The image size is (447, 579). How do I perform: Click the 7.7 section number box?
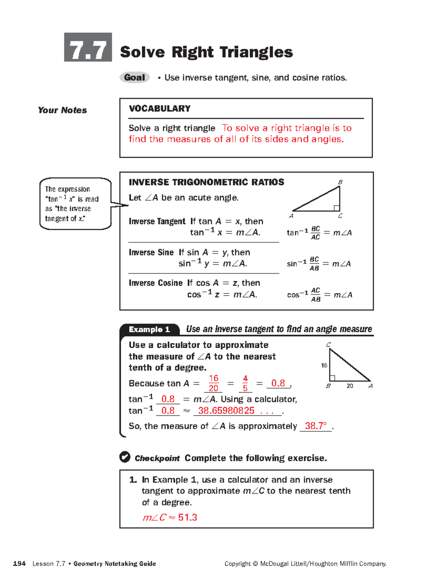coord(88,47)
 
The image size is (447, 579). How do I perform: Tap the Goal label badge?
coord(134,78)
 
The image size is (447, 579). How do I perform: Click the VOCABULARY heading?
coord(159,108)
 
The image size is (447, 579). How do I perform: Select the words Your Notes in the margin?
coord(62,110)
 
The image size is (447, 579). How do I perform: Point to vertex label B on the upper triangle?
coord(340,182)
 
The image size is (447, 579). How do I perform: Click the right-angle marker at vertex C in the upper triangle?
coord(337,208)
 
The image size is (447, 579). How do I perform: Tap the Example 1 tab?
coord(149,329)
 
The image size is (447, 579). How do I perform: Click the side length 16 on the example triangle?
coord(324,365)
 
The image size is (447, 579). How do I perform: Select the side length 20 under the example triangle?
coord(350,386)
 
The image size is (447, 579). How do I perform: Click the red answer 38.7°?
coord(316,426)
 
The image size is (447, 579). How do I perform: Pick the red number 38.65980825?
coord(226,410)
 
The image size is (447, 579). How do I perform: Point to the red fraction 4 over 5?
coord(245,383)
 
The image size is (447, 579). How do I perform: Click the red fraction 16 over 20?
coord(213,383)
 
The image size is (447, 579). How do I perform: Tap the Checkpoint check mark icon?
coord(125,457)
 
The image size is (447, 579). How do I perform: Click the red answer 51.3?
coord(187,517)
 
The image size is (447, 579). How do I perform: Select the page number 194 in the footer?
coord(19,563)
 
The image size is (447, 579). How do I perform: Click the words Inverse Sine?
coord(151,252)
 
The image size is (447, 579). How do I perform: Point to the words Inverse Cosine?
coord(156,283)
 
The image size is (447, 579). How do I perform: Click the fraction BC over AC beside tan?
coord(316,233)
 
